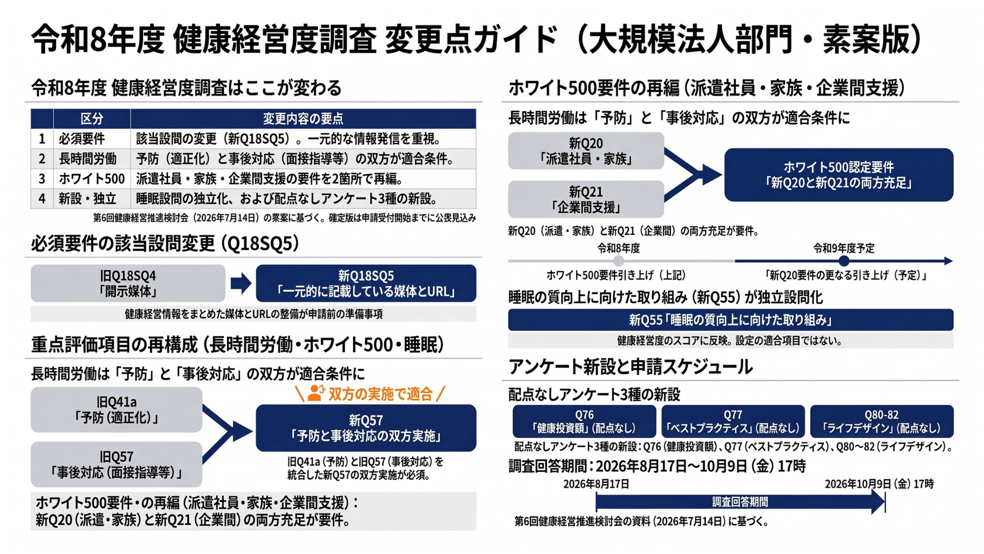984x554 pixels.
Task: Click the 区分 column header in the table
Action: (92, 118)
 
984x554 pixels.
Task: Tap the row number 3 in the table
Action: (42, 179)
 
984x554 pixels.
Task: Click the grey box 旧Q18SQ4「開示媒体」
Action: (128, 283)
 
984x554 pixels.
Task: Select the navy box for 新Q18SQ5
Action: (366, 283)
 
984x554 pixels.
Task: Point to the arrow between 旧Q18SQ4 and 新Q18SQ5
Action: (241, 283)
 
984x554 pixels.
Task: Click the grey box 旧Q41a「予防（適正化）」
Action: (116, 409)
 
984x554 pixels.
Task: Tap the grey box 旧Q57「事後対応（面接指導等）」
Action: (116, 464)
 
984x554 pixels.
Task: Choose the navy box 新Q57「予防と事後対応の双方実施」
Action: (366, 428)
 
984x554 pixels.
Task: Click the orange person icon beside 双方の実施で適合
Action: (316, 393)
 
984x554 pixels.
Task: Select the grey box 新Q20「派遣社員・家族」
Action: (586, 151)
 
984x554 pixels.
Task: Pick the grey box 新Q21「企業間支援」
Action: (586, 199)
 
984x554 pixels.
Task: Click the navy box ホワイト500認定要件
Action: (838, 175)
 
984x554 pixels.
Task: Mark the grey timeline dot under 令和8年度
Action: (619, 261)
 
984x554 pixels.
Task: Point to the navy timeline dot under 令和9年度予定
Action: (844, 261)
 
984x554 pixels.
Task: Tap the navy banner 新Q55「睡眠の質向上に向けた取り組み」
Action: (731, 320)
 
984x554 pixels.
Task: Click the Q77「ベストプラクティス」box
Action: (733, 421)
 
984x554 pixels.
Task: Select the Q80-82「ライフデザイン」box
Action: (881, 421)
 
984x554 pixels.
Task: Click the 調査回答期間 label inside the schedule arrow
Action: (740, 502)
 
